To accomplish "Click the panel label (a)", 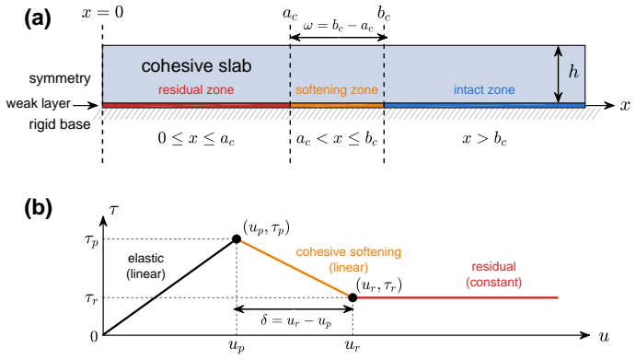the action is (x=38, y=19).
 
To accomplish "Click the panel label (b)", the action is (x=38, y=208).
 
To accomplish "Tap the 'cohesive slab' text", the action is (x=196, y=65).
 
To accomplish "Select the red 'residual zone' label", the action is (x=196, y=89).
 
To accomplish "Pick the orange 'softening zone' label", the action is (x=337, y=89).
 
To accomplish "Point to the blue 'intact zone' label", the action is (x=484, y=89).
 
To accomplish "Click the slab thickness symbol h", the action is (x=573, y=72).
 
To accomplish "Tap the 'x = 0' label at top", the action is (x=102, y=12).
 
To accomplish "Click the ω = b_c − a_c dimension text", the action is (x=338, y=27).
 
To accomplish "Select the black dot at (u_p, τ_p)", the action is (x=237, y=239).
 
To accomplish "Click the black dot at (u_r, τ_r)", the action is (x=353, y=297).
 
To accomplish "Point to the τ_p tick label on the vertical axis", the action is (x=91, y=240).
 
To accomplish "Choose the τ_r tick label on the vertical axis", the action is (x=91, y=299).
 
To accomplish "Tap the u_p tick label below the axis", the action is (x=237, y=346).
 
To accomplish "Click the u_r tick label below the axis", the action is (x=353, y=346).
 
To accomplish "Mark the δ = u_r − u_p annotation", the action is (x=296, y=320).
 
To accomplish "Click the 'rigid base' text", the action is (x=60, y=124).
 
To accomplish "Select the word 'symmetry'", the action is (x=60, y=78).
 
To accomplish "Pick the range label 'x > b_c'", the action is (x=484, y=139).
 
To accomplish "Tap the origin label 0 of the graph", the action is (x=94, y=336).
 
